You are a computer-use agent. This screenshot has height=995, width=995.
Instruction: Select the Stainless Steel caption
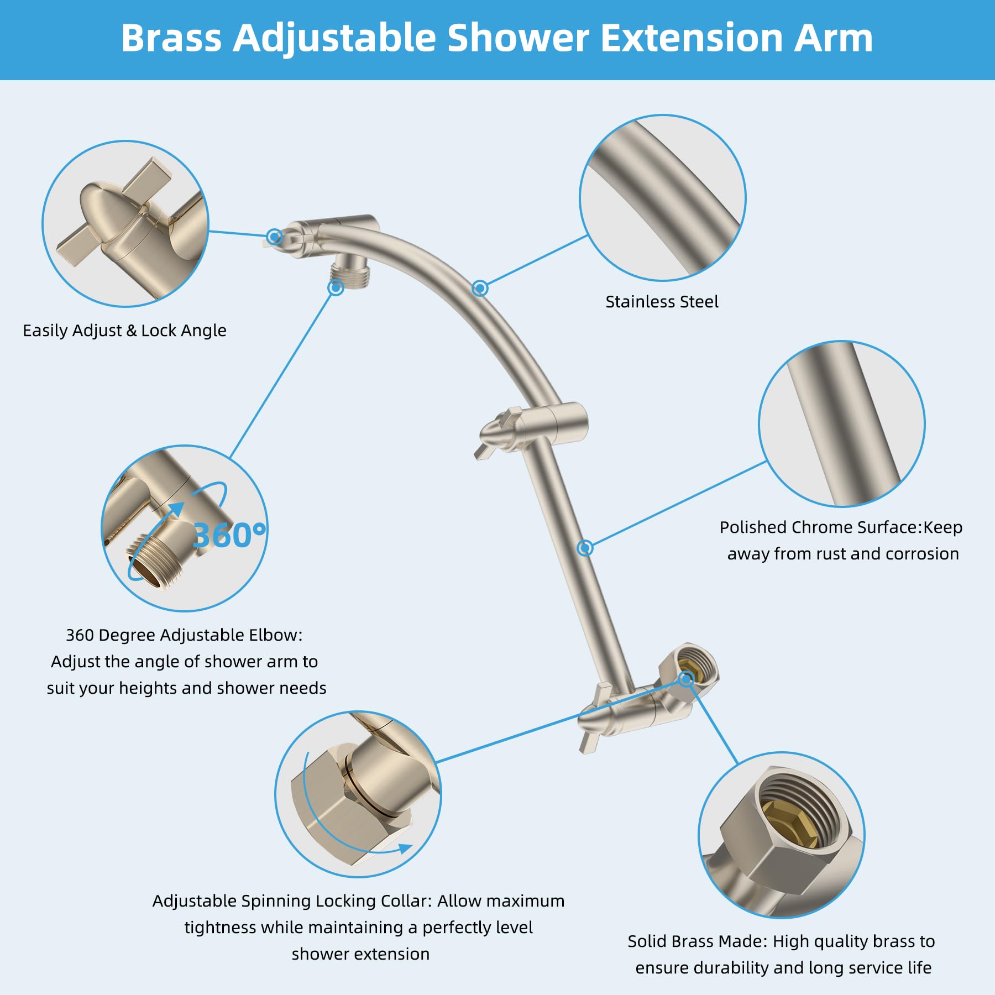pyautogui.click(x=662, y=302)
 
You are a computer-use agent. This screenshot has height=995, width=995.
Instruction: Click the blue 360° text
pyautogui.click(x=229, y=535)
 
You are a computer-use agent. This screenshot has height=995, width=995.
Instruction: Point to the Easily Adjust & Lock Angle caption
pyautogui.click(x=124, y=331)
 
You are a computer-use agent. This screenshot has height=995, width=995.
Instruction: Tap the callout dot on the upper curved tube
pyautogui.click(x=480, y=288)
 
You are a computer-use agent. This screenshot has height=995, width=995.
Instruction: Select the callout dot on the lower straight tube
pyautogui.click(x=585, y=548)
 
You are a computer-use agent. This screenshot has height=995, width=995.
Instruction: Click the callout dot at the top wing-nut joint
pyautogui.click(x=274, y=237)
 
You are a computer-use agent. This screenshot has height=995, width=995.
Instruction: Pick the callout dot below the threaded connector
pyautogui.click(x=336, y=288)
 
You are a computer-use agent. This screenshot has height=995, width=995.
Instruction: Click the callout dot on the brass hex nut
pyautogui.click(x=686, y=679)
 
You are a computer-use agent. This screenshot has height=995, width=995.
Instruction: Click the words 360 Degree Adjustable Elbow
pyautogui.click(x=184, y=635)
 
